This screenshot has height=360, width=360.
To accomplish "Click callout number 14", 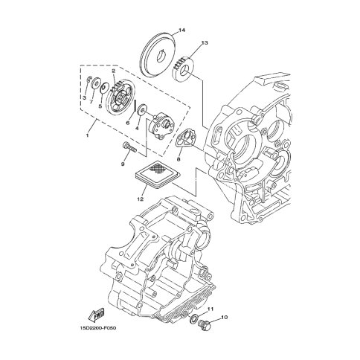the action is [x=181, y=30].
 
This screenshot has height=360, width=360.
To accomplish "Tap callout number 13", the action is [x=205, y=43].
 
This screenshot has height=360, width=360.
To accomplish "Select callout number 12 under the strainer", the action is [x=141, y=199].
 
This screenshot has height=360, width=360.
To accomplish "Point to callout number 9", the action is [x=123, y=164].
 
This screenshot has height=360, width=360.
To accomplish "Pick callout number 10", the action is [x=224, y=317].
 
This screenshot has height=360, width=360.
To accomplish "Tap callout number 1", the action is [x=87, y=135].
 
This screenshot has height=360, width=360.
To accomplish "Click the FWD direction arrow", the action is [x=96, y=315].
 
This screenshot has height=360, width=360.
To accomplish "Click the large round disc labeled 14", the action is [x=157, y=54].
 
